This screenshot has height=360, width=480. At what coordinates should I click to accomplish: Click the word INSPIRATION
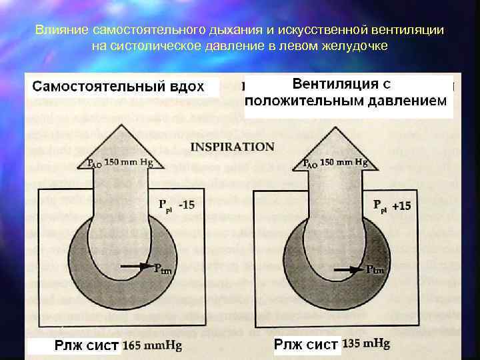pyautogui.click(x=232, y=147)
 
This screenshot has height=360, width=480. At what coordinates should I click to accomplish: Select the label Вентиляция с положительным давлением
pyautogui.click(x=345, y=93)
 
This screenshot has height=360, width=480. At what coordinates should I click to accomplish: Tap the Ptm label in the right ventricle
pyautogui.click(x=376, y=269)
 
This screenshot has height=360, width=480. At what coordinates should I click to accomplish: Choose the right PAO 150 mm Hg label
pyautogui.click(x=335, y=162)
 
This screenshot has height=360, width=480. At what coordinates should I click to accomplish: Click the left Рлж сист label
pyautogui.click(x=87, y=345)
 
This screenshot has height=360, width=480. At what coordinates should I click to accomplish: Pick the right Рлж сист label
pyautogui.click(x=306, y=345)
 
